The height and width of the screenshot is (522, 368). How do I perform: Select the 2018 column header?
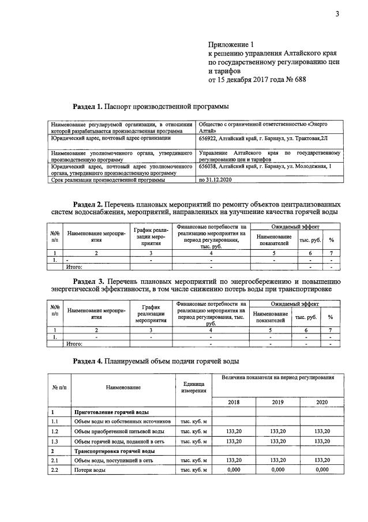234,401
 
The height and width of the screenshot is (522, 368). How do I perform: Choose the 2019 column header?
277,401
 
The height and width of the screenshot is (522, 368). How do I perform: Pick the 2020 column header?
322,401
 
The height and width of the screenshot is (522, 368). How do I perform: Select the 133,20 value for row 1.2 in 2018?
234,431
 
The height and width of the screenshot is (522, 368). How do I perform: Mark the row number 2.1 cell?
55,460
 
